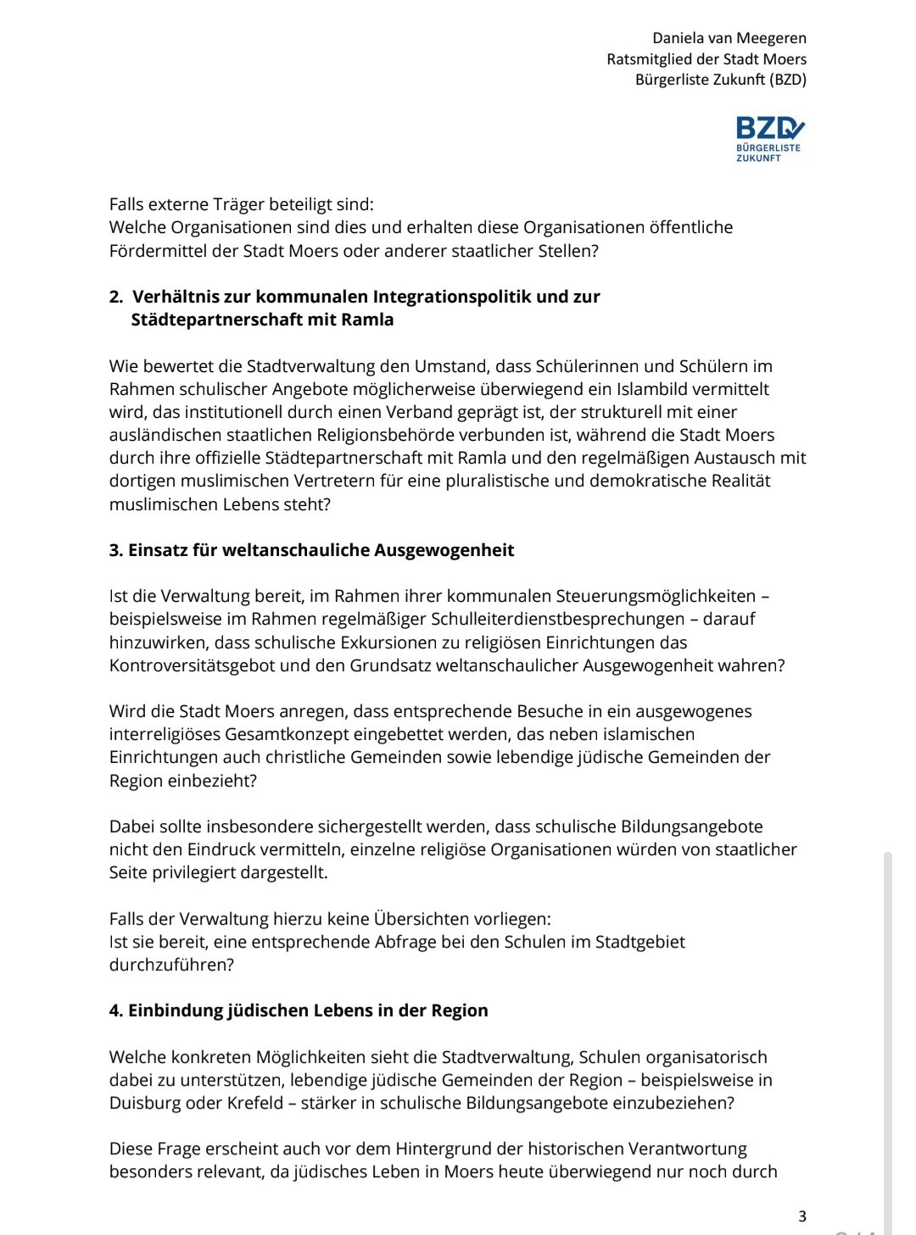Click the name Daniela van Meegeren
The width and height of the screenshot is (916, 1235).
coord(729,38)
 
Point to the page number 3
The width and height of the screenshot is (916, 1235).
coord(802,1216)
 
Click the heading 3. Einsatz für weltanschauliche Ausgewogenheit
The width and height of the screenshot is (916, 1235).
coord(311,550)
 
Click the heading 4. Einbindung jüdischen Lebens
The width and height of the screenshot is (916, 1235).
coord(299,1010)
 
